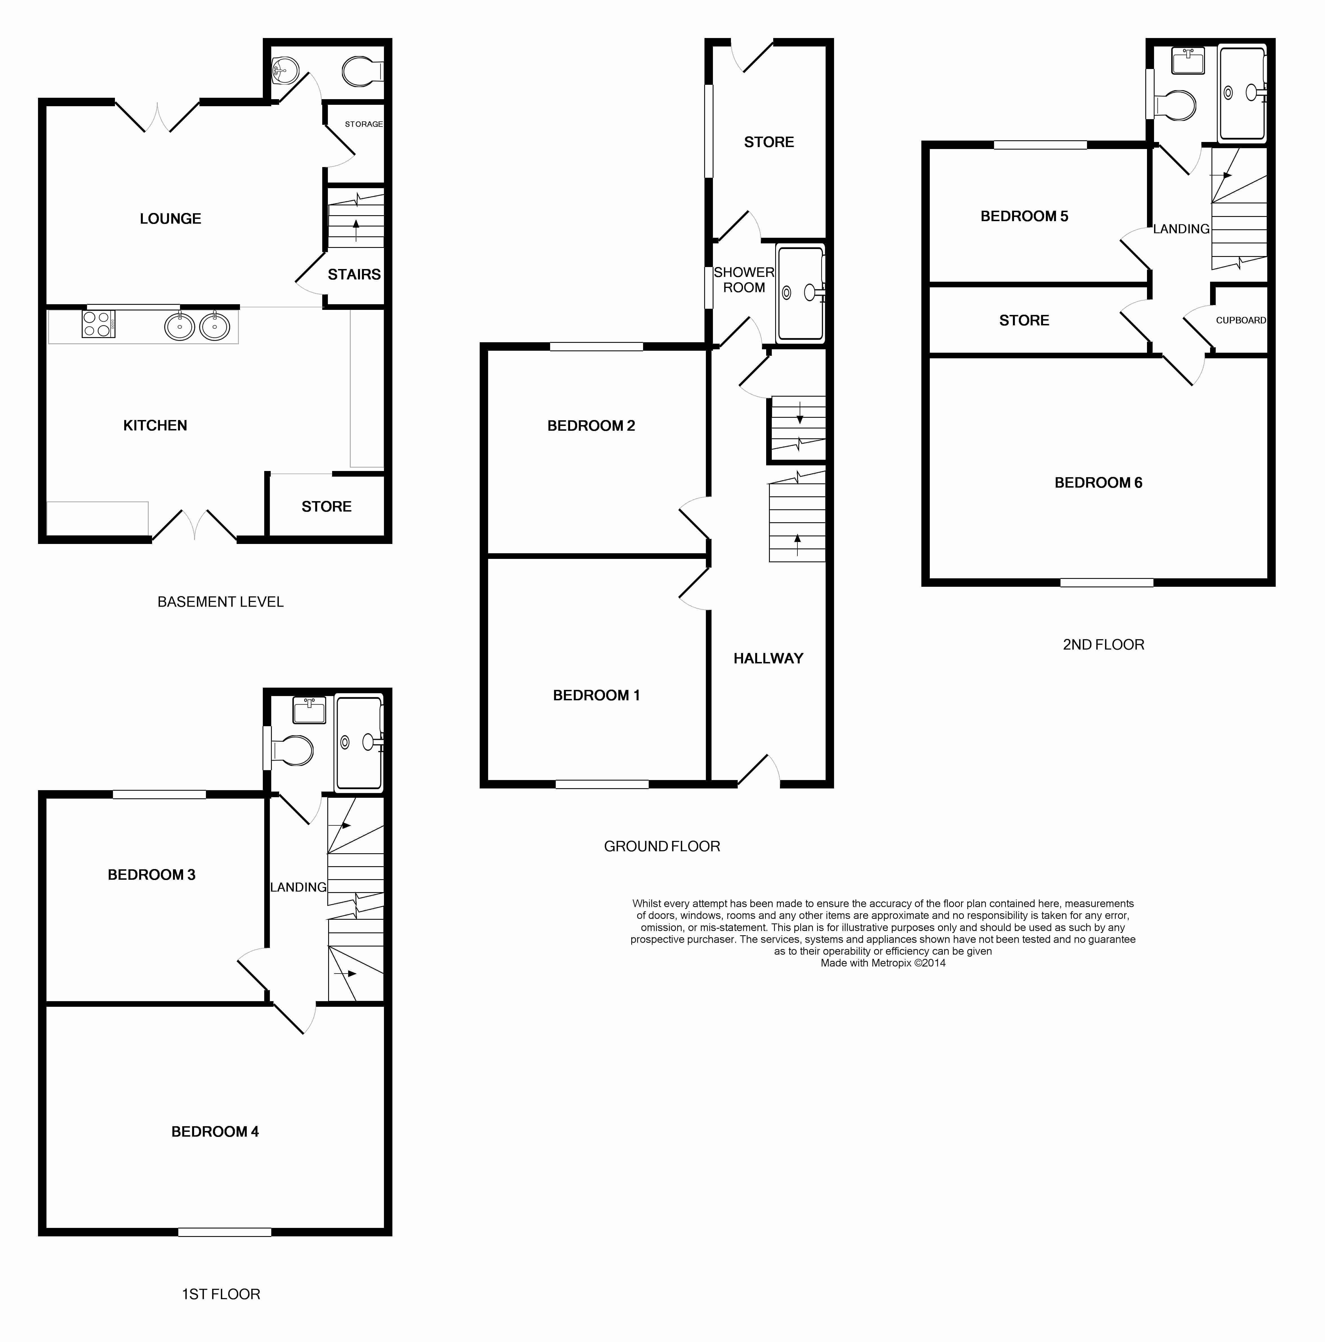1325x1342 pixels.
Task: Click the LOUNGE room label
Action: [x=170, y=219]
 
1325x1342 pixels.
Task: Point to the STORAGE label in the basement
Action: [x=363, y=124]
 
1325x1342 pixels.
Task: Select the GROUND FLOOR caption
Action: [x=662, y=846]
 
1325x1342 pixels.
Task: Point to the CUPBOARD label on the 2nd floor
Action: [x=1240, y=320]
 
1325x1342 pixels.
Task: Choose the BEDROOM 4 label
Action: [x=215, y=1132]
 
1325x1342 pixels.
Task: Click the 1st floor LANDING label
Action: [x=298, y=887]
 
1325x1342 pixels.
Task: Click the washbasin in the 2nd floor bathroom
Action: [x=1188, y=61]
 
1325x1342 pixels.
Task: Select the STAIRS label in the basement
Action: [x=354, y=274]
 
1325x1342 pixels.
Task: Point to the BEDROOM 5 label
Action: [x=1024, y=216]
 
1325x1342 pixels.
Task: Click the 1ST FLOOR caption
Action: [x=221, y=1294]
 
